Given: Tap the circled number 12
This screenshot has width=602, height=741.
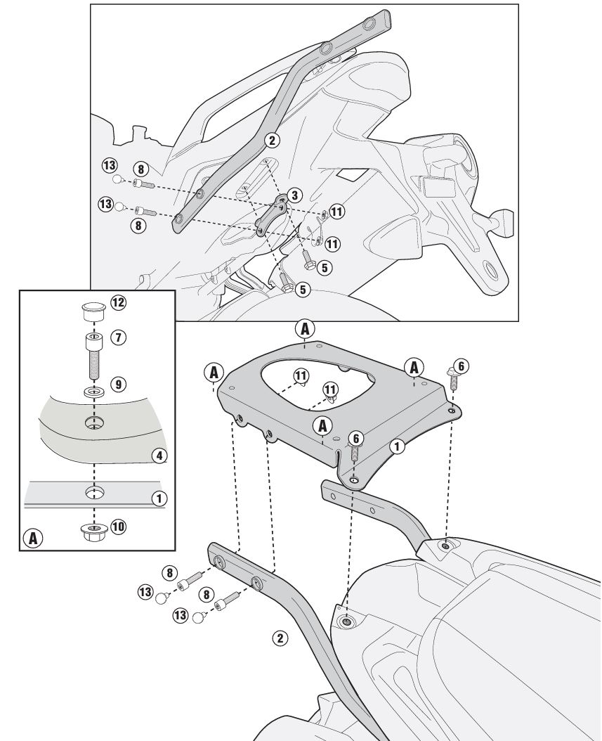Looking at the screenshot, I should point(117,302).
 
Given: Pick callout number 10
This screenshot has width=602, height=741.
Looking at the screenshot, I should point(118,526).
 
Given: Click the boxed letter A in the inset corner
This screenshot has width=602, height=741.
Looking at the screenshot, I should point(32,539).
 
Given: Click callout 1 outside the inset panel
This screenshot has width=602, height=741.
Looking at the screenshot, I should point(398,445).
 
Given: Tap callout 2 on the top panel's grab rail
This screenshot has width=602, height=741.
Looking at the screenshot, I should point(272,140).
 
